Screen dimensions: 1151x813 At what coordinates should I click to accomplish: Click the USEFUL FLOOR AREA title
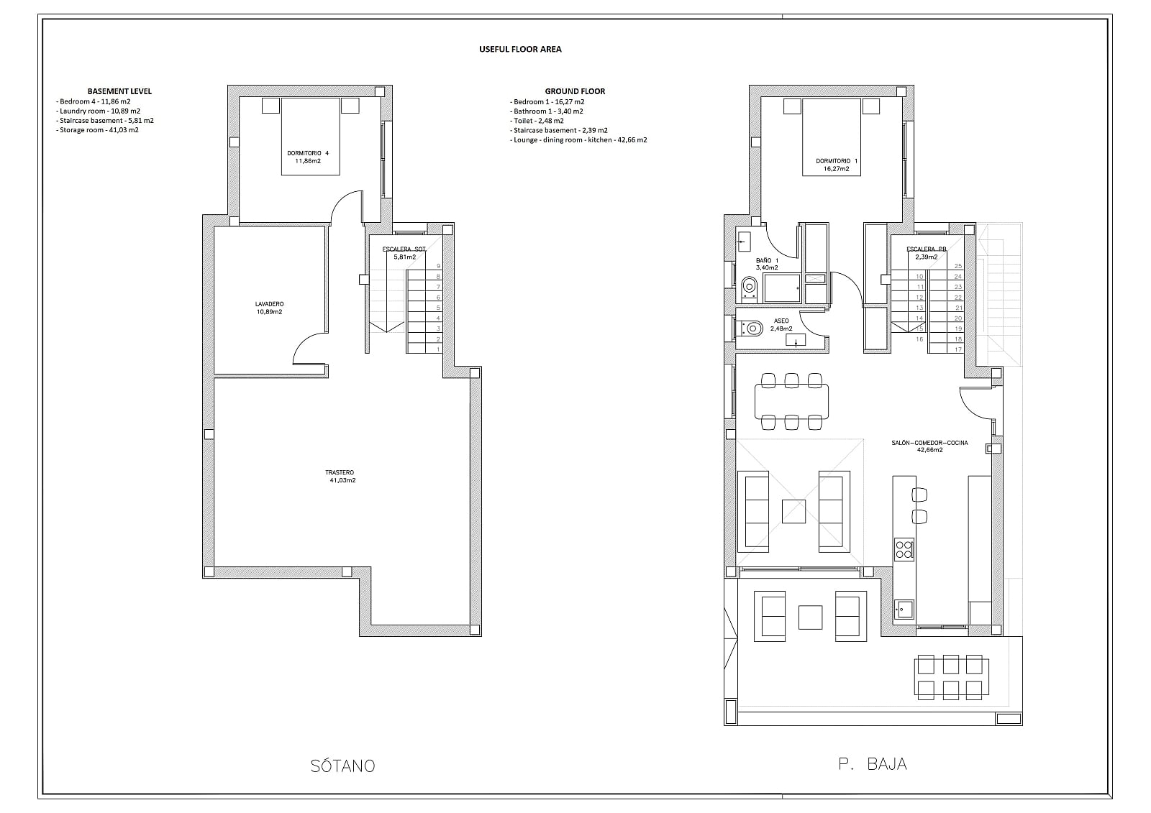[520, 50]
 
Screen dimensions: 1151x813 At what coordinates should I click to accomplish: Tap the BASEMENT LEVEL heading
[119, 91]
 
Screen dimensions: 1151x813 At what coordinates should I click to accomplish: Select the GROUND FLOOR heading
[575, 91]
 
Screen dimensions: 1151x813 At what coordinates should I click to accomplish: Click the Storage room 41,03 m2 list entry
[97, 130]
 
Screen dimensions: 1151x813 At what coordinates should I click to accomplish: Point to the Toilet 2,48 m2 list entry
[537, 121]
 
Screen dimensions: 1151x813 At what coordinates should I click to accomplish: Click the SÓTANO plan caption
[342, 766]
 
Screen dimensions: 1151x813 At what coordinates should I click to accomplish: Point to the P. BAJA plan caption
[873, 764]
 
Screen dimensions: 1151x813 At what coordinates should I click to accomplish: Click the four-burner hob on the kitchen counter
[904, 548]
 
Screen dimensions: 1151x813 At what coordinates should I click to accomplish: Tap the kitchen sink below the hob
[904, 609]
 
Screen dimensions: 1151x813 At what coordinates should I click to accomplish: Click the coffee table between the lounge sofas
[793, 512]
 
